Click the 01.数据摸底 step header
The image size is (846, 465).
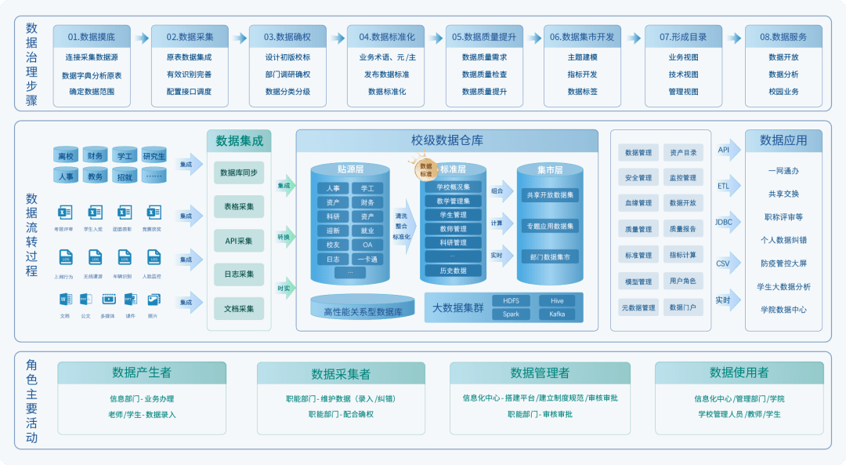pos(91,37)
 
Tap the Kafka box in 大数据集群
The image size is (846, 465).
pos(557,314)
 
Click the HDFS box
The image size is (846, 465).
pos(511,300)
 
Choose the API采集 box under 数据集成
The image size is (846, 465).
pos(239,241)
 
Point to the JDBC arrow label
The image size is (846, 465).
pos(725,222)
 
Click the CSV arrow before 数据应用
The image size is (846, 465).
pos(725,263)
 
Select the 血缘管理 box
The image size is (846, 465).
pos(638,203)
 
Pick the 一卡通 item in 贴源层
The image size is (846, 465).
pos(367,260)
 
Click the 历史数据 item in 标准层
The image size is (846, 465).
pos(453,271)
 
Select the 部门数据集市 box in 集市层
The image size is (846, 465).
pos(549,256)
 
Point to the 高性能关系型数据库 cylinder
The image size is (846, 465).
pos(363,307)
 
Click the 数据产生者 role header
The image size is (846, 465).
pos(142,372)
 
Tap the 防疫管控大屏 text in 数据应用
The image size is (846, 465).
pos(783,263)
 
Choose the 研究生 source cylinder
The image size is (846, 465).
pos(154,156)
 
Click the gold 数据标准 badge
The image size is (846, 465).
pos(426,169)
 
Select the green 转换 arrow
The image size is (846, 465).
pos(284,238)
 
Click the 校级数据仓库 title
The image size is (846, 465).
pos(447,141)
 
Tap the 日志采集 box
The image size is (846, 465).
pos(239,274)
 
